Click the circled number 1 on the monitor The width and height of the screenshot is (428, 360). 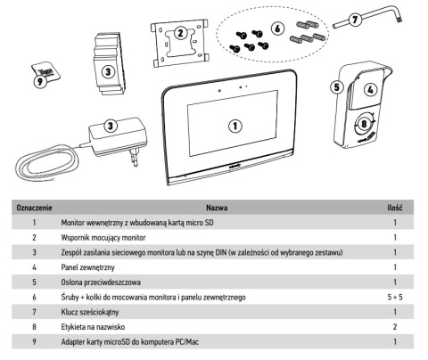[x=235, y=126]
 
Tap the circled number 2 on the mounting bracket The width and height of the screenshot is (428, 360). [x=180, y=32]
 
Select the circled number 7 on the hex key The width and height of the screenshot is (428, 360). [x=355, y=20]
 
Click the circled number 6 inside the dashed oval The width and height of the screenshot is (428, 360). [x=277, y=29]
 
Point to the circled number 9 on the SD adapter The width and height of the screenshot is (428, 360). [x=40, y=81]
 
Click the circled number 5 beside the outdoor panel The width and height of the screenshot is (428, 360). [x=337, y=87]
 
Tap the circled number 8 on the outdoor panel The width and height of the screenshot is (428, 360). [x=364, y=124]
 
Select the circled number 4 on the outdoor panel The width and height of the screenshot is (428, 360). [x=370, y=90]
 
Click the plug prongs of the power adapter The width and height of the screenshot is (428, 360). [x=134, y=157]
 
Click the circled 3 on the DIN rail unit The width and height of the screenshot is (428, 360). [x=108, y=71]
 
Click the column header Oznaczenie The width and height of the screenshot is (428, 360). [x=34, y=208]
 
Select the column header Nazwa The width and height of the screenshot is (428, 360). [x=217, y=208]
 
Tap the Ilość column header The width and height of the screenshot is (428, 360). [x=395, y=208]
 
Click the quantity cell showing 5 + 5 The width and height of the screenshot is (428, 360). [x=395, y=297]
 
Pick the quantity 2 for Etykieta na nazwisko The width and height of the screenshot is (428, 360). [x=395, y=327]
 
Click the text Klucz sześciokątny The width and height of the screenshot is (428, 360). [x=90, y=312]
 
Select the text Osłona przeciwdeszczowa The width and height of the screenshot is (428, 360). [x=101, y=282]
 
